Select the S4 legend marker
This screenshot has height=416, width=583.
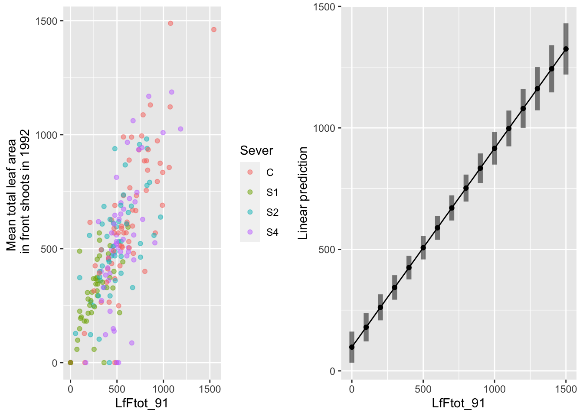(x=250, y=232)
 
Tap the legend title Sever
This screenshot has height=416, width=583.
(x=256, y=151)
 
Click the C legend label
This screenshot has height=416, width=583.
(x=270, y=172)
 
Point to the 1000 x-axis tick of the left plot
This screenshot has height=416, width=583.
(x=163, y=389)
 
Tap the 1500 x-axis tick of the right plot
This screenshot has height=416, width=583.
(x=566, y=389)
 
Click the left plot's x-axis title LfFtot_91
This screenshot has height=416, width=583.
(x=141, y=403)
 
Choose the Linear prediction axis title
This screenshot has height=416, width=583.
(x=303, y=193)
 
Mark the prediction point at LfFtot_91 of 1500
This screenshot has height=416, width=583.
(x=566, y=49)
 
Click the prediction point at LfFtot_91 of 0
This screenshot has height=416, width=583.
(x=352, y=347)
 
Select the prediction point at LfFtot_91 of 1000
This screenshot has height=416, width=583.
(x=495, y=148)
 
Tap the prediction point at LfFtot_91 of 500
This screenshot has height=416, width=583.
(x=423, y=247)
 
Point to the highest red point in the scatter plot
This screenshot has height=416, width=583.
(x=170, y=23)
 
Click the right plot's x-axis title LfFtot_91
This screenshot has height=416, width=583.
(x=458, y=403)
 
